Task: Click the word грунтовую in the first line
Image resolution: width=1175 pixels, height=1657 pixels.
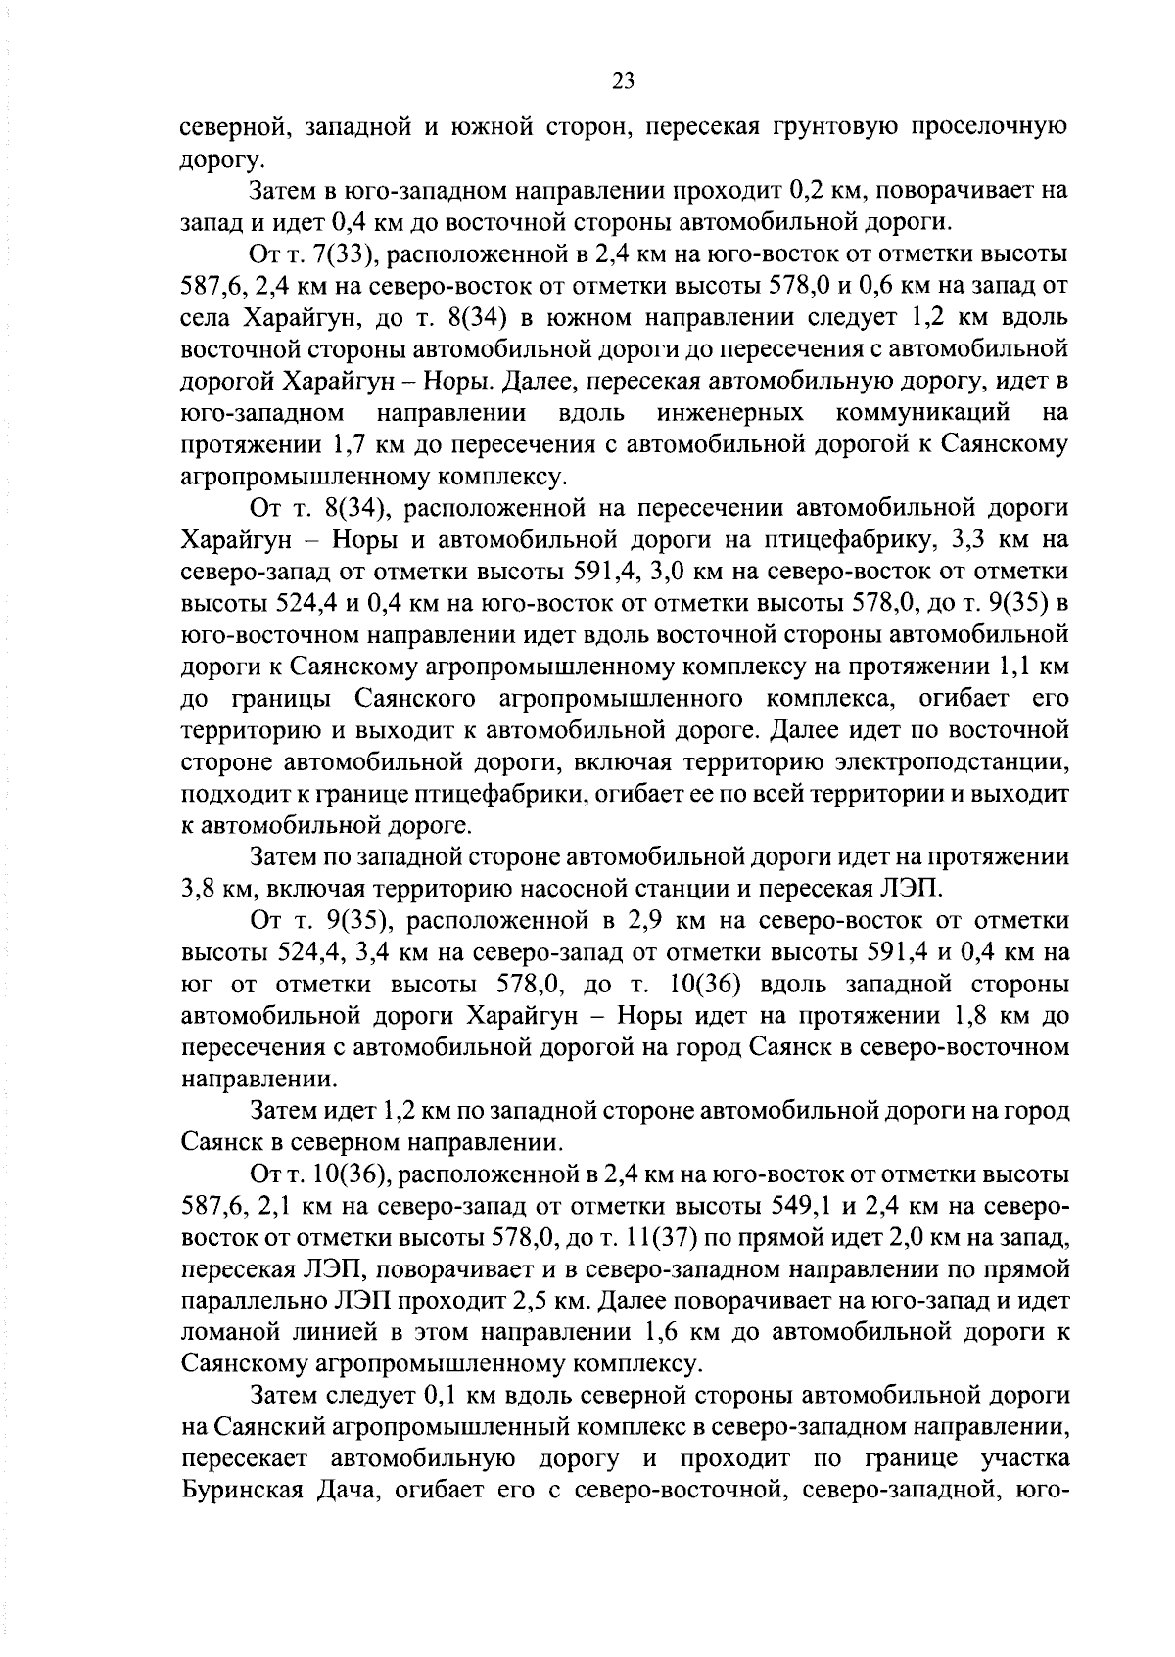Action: pyautogui.click(x=841, y=128)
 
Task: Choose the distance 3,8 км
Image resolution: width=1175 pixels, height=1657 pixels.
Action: pyautogui.click(x=218, y=889)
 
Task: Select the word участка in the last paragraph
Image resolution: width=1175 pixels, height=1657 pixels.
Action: pyautogui.click(x=1021, y=1458)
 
